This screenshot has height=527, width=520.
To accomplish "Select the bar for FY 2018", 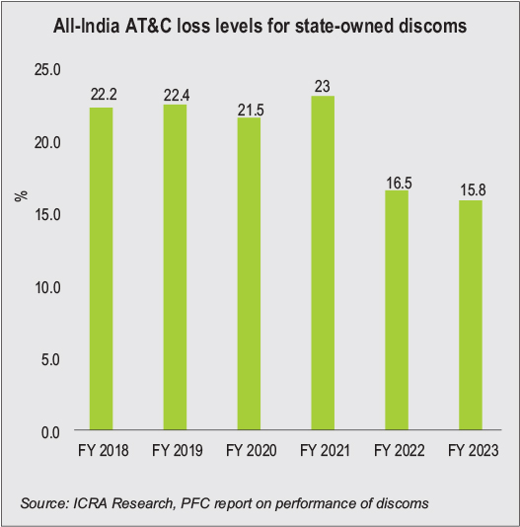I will pos(101,269).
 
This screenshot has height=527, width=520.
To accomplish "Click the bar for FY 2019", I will pos(174,268).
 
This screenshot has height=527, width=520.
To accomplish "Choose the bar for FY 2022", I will pos(396,311).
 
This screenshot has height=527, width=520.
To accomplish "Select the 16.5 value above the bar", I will pos(396,182).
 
